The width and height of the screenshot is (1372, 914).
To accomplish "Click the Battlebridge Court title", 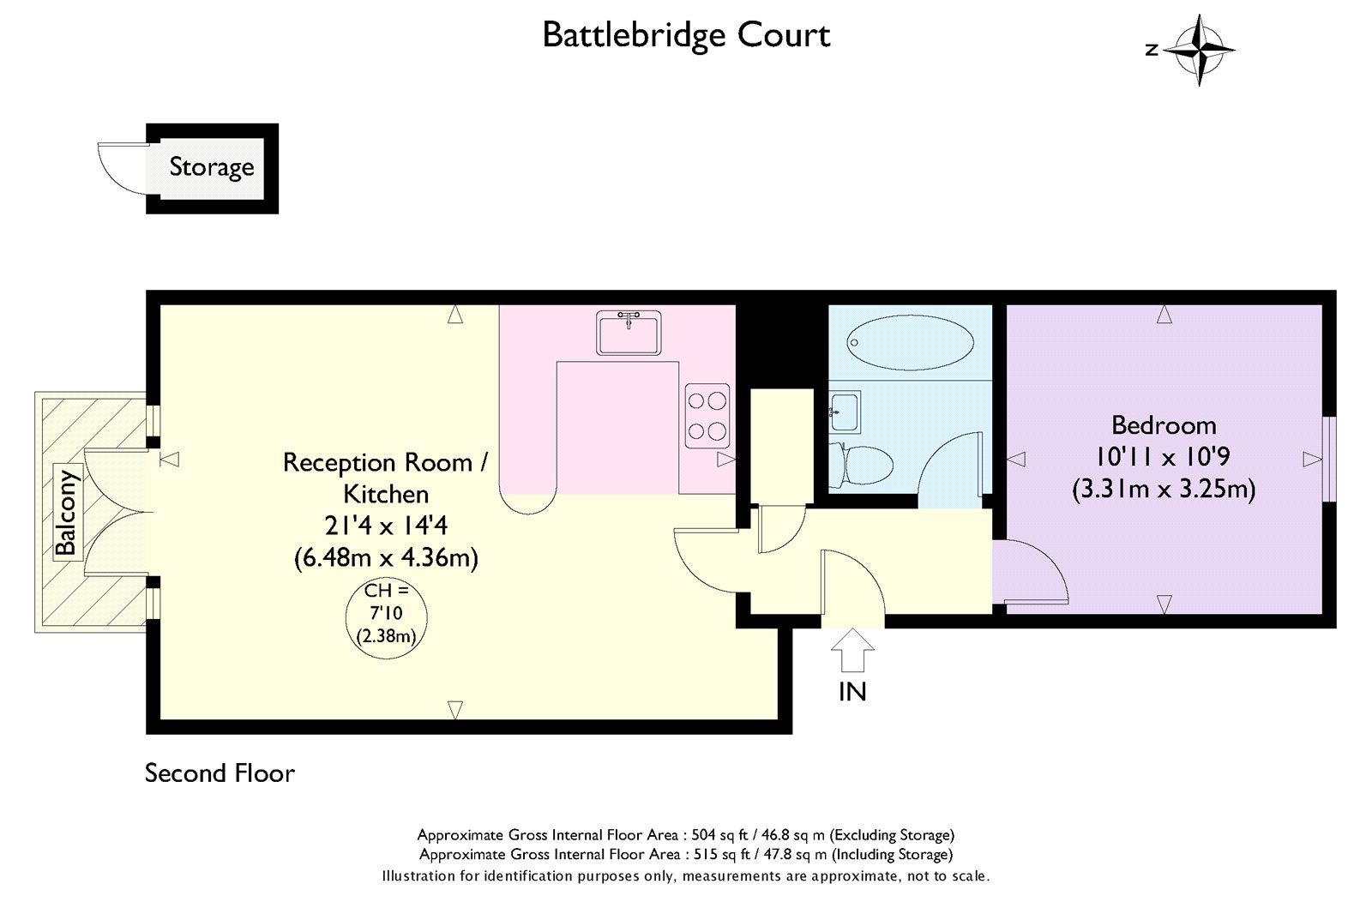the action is pyautogui.click(x=686, y=35).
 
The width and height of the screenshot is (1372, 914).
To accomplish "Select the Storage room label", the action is pyautogui.click(x=211, y=166).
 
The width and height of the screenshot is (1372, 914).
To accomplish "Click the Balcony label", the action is pyautogui.click(x=66, y=512).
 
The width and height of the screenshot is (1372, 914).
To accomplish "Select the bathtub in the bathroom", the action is pyautogui.click(x=909, y=341).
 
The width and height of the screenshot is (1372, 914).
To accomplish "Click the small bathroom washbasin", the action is pyautogui.click(x=845, y=412).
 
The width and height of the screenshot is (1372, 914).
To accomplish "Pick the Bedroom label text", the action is pyautogui.click(x=1164, y=425).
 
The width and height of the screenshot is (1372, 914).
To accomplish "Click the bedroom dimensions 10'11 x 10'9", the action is pyautogui.click(x=1164, y=457).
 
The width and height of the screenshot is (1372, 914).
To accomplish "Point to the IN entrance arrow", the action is pyautogui.click(x=853, y=650).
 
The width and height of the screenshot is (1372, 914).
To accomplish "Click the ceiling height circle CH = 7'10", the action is pyautogui.click(x=385, y=616).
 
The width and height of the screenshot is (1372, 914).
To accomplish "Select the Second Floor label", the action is pyautogui.click(x=220, y=773).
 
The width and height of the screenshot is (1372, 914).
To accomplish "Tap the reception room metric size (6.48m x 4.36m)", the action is pyautogui.click(x=386, y=558).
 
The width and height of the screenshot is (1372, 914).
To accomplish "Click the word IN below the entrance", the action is pyautogui.click(x=852, y=692).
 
